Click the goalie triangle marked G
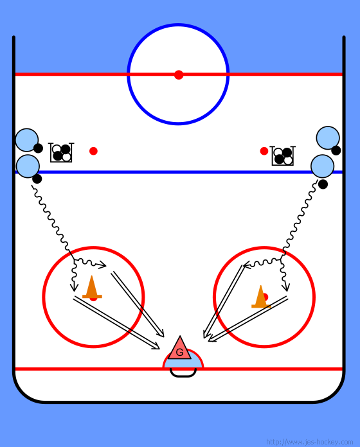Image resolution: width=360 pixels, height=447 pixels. pos(180,350)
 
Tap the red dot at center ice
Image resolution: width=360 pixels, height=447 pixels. pos(179,74)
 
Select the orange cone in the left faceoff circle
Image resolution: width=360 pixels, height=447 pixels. pos(92,287)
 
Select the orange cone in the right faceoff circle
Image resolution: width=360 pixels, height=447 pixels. pos(261,297)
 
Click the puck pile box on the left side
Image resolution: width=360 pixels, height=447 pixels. pos(61,152)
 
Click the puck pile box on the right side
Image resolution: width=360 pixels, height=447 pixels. pos(283,155)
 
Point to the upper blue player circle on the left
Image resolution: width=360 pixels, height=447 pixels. pos(27,140)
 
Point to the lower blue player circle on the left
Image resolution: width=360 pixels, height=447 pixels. pos(28,166)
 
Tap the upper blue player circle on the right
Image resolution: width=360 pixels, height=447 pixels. pos(328,137)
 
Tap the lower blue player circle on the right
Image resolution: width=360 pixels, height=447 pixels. pos(322,166)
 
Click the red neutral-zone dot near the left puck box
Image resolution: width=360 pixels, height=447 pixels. pos(93,151)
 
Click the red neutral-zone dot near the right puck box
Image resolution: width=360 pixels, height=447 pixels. pos(264,151)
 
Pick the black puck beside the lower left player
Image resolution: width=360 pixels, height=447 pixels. pos(37,179)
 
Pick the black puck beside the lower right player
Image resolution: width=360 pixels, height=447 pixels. pos(323,184)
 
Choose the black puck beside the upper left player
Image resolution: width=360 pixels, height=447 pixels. pos(38,148)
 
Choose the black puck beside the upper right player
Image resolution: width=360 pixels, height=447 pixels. pos(336,150)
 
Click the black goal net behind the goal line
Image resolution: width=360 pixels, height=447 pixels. pos(183,373)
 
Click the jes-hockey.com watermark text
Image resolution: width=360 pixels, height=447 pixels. pos(309,442)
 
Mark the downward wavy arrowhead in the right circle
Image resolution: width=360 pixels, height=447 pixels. pos(286,287)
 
